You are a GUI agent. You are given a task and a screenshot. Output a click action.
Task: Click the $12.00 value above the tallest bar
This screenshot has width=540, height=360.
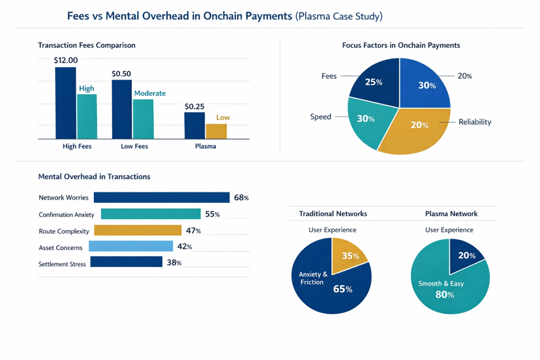point(66,61)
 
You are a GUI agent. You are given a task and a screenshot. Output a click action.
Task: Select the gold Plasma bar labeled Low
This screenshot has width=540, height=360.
point(217,131)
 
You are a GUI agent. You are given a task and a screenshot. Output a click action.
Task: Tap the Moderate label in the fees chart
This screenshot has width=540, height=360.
point(149,93)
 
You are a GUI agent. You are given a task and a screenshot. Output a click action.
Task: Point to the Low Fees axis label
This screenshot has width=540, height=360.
point(134,146)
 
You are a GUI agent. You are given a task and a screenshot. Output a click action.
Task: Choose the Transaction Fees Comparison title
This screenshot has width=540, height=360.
point(87,46)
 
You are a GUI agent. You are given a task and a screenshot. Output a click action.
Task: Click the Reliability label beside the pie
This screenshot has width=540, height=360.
point(475,122)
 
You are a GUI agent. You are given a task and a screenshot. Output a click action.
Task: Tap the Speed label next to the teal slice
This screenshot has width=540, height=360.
point(320,117)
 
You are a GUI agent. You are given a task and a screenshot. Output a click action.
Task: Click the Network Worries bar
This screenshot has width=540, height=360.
point(161,198)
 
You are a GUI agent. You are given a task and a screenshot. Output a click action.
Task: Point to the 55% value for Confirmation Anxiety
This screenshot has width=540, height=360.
point(212,214)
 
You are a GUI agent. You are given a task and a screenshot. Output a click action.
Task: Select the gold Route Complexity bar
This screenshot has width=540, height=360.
point(138,230)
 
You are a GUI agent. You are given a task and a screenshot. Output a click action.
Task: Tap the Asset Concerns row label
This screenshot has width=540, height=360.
point(61,247)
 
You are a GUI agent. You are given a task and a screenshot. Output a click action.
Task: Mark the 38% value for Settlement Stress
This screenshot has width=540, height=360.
point(173,263)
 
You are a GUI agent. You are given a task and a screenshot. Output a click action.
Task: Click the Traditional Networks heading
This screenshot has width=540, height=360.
point(333,214)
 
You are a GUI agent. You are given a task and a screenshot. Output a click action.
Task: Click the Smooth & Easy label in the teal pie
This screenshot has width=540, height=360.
point(440,284)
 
